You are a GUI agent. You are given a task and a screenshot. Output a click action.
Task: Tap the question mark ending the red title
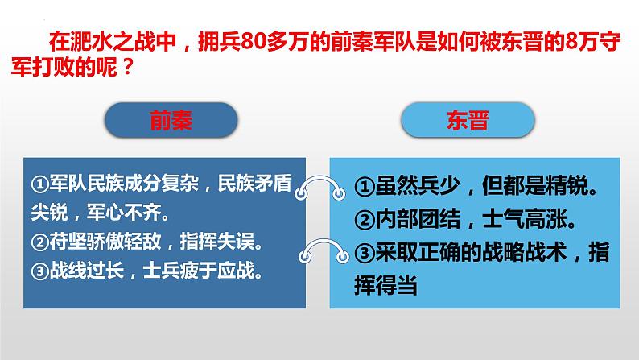(x=127, y=68)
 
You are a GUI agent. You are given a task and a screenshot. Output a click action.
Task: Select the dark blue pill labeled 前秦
(x=171, y=120)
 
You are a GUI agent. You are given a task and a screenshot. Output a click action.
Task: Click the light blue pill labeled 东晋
(x=468, y=120)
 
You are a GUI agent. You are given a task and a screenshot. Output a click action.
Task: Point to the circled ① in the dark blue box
(x=40, y=184)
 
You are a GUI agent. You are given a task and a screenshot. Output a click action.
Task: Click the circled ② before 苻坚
(x=40, y=242)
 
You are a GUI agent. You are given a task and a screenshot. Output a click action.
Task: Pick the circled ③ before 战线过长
(x=40, y=271)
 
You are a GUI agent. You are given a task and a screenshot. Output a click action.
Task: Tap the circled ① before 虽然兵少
(x=365, y=187)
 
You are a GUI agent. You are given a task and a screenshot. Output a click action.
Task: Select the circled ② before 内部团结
(x=365, y=220)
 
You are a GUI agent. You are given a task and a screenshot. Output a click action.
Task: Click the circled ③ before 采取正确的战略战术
(x=365, y=253)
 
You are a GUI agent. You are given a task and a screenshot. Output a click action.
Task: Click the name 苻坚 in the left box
(x=68, y=242)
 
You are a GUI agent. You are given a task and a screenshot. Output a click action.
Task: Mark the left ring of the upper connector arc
(x=301, y=192)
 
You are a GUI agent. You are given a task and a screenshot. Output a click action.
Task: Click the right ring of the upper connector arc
(x=339, y=193)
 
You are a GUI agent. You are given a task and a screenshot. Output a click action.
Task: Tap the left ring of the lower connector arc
(x=304, y=257)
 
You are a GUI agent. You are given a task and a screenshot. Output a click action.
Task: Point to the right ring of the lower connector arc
(x=343, y=257)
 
